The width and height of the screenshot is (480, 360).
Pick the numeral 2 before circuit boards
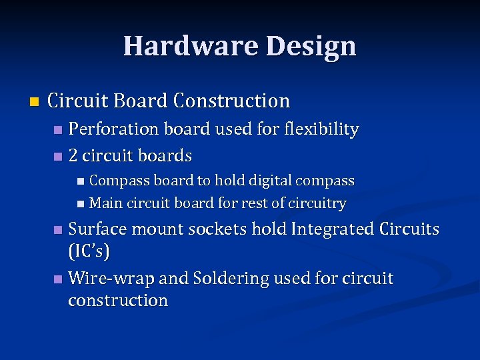(73, 156)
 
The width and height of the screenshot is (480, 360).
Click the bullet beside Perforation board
(58, 129)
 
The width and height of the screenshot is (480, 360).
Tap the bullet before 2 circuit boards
(57, 157)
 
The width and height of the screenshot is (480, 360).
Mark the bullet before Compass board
(80, 181)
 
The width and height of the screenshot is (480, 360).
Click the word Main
(103, 203)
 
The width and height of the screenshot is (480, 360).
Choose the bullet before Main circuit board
(80, 203)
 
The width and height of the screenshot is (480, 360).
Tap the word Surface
(97, 229)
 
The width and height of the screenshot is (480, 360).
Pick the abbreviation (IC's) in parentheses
(89, 252)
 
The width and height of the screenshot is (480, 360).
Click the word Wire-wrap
(107, 278)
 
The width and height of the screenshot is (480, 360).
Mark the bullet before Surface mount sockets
(58, 230)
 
